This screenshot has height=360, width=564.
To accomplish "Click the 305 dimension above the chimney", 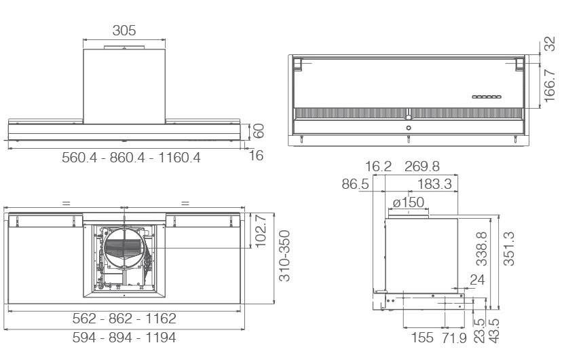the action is tap(124, 31).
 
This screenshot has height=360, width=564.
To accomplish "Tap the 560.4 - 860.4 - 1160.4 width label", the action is tap(131, 158).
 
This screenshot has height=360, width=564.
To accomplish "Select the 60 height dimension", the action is tap(259, 130).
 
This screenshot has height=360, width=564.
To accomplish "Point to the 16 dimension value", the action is tap(256, 155).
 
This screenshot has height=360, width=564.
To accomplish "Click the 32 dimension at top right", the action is tap(550, 44).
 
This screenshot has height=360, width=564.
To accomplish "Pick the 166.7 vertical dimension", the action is tap(550, 86).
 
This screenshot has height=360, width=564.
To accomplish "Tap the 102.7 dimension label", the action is tap(260, 231).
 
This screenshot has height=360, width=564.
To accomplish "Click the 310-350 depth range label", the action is tap(284, 255).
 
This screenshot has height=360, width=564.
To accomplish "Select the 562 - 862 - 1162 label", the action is tap(124, 319).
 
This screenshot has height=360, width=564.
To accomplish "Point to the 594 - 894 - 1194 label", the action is tap(124, 338).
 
